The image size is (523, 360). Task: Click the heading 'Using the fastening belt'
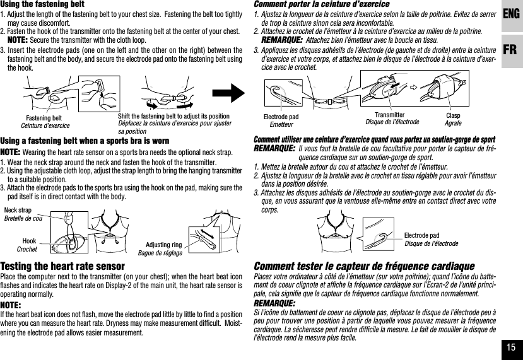(x=42, y=4)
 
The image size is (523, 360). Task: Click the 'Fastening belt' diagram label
(x=44, y=118)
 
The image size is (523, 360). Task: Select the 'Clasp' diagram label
(x=454, y=116)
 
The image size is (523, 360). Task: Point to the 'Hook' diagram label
(x=29, y=241)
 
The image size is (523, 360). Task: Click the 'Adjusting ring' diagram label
(x=163, y=245)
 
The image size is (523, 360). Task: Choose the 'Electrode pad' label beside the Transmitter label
(x=281, y=117)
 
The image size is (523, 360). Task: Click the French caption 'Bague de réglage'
(x=160, y=253)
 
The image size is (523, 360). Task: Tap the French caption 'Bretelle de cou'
(x=23, y=218)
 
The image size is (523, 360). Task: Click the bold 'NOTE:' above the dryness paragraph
(x=12, y=304)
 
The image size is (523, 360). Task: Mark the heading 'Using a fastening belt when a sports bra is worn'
(x=85, y=141)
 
